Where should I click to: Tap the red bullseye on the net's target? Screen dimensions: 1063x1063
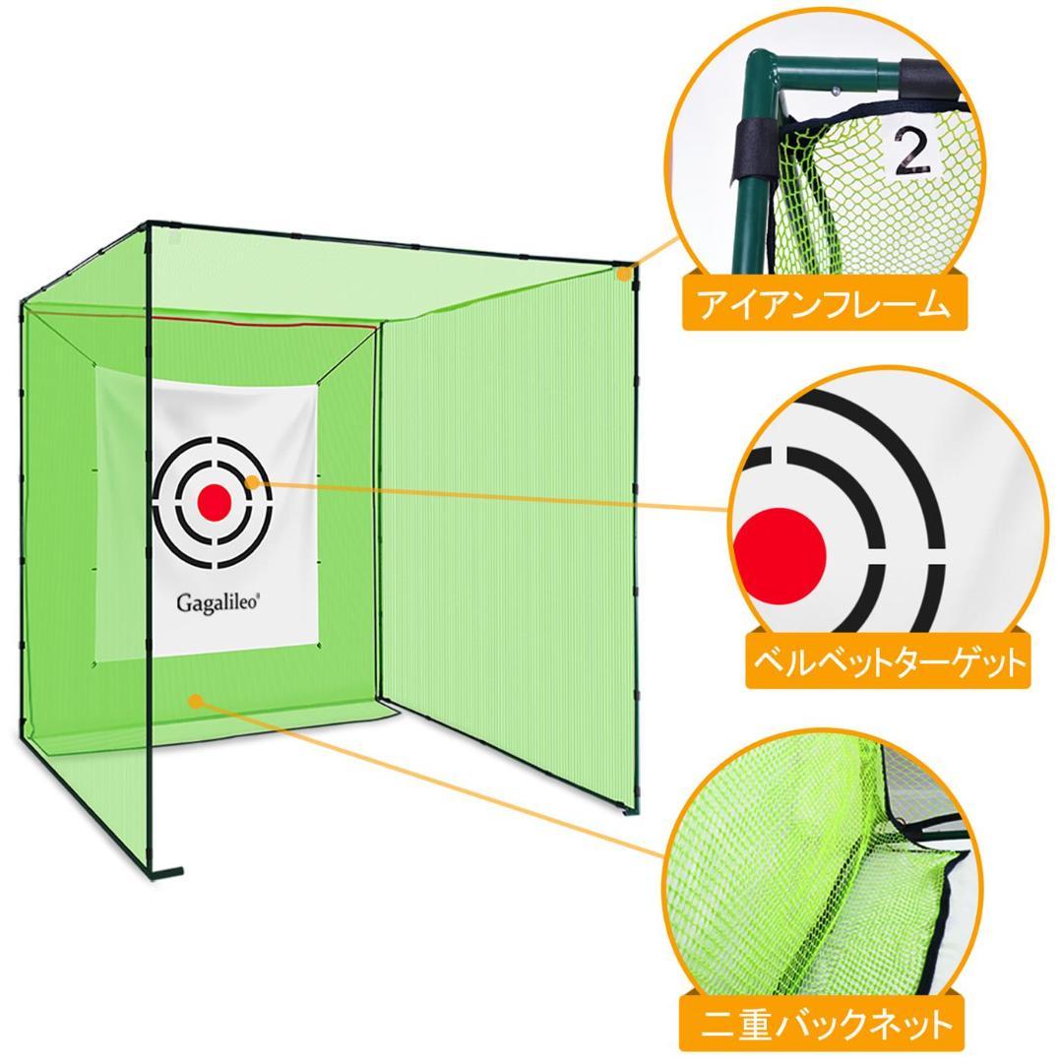tap(214, 503)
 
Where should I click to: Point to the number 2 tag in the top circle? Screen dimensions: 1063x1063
tap(912, 152)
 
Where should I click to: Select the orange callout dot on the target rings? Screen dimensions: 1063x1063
tap(254, 481)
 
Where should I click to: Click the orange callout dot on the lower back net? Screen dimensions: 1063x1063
tap(196, 701)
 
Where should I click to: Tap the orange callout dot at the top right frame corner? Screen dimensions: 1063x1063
tap(623, 276)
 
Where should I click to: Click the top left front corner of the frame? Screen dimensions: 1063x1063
tap(148, 224)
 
